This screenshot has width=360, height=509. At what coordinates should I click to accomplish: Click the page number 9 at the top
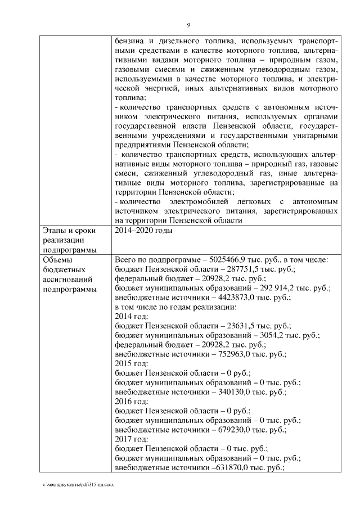[x=188, y=25]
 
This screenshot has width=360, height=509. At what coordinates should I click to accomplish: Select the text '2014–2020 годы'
[x=143, y=231]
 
